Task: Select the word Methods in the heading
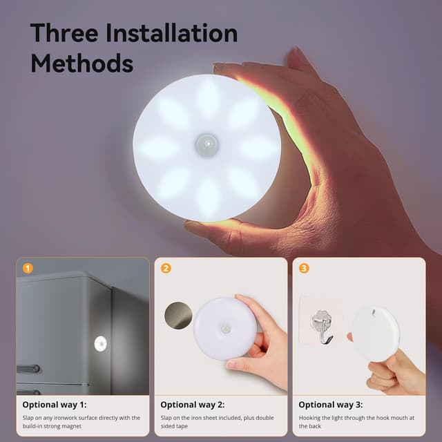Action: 81,64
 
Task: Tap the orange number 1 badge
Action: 28,268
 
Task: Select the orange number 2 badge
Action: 166,268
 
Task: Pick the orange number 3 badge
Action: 304,268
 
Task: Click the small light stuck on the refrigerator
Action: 101,341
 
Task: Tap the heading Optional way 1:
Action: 55,405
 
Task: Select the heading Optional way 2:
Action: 193,405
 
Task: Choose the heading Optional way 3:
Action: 331,405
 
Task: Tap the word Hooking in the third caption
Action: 313,418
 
